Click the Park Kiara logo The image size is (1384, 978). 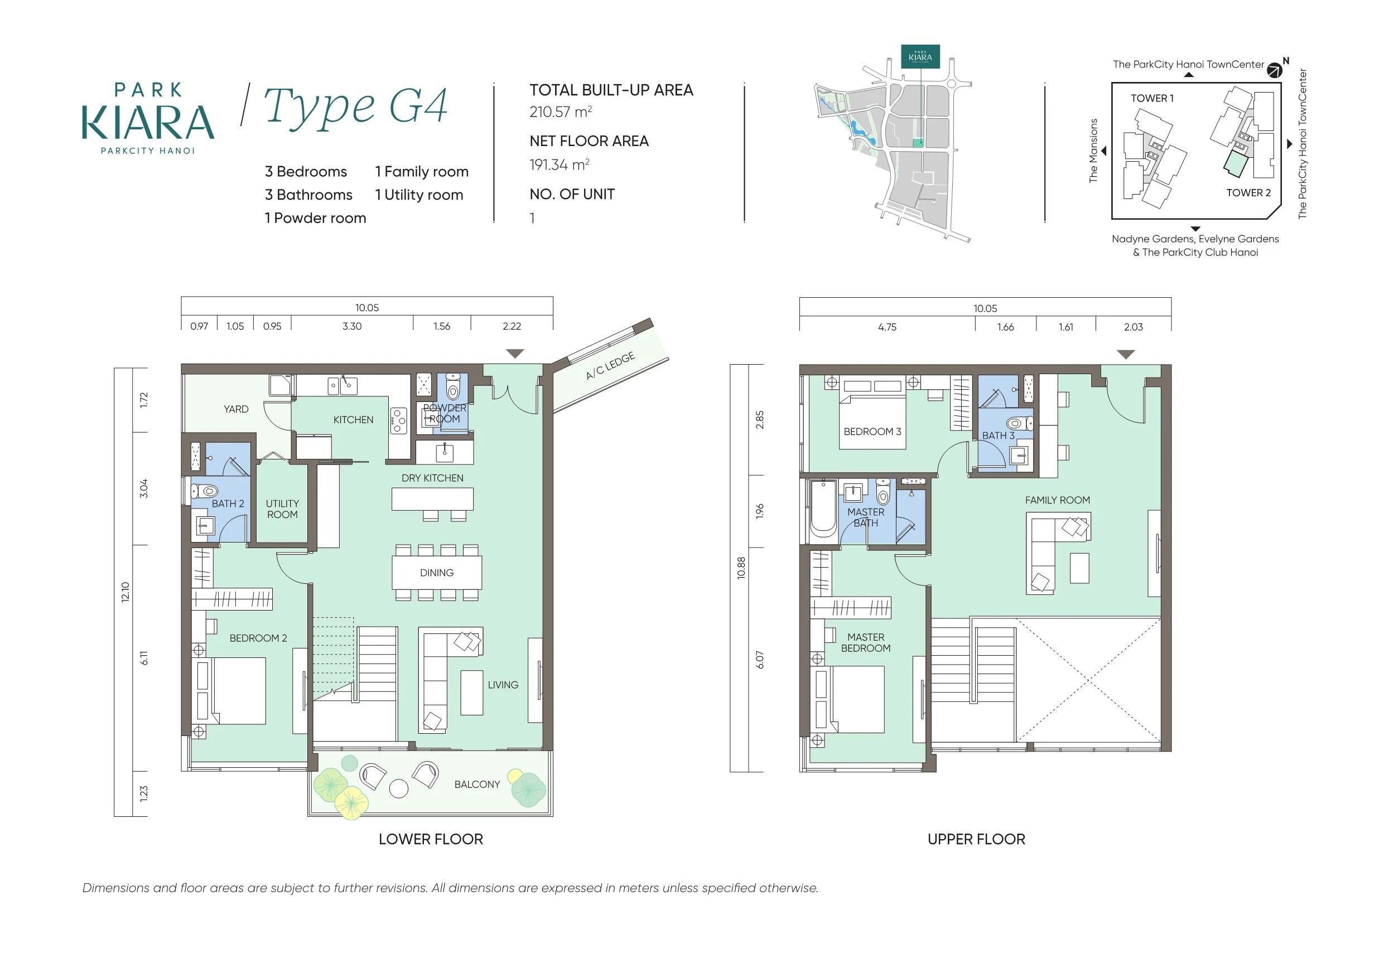coord(148,119)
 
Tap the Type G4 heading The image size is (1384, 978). coord(356,106)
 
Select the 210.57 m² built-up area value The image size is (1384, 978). coord(561,112)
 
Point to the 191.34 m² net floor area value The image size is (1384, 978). coord(560,164)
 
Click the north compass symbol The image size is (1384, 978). coord(1274,70)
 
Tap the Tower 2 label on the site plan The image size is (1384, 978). coord(1248,193)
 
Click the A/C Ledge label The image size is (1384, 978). coord(610,366)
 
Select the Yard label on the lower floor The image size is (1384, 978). coord(236,409)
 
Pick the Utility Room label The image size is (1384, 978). coord(282,509)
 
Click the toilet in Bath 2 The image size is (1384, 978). coord(205,491)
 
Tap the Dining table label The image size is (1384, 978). coord(437,573)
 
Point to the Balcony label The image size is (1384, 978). coord(478,784)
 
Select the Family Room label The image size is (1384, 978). coord(1057,500)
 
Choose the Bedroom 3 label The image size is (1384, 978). coord(872,432)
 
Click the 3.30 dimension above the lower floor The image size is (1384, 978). coord(352,326)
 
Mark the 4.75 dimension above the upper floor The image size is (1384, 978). coord(888,327)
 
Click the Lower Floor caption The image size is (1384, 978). coord(431,839)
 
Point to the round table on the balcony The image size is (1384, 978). coord(399,789)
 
